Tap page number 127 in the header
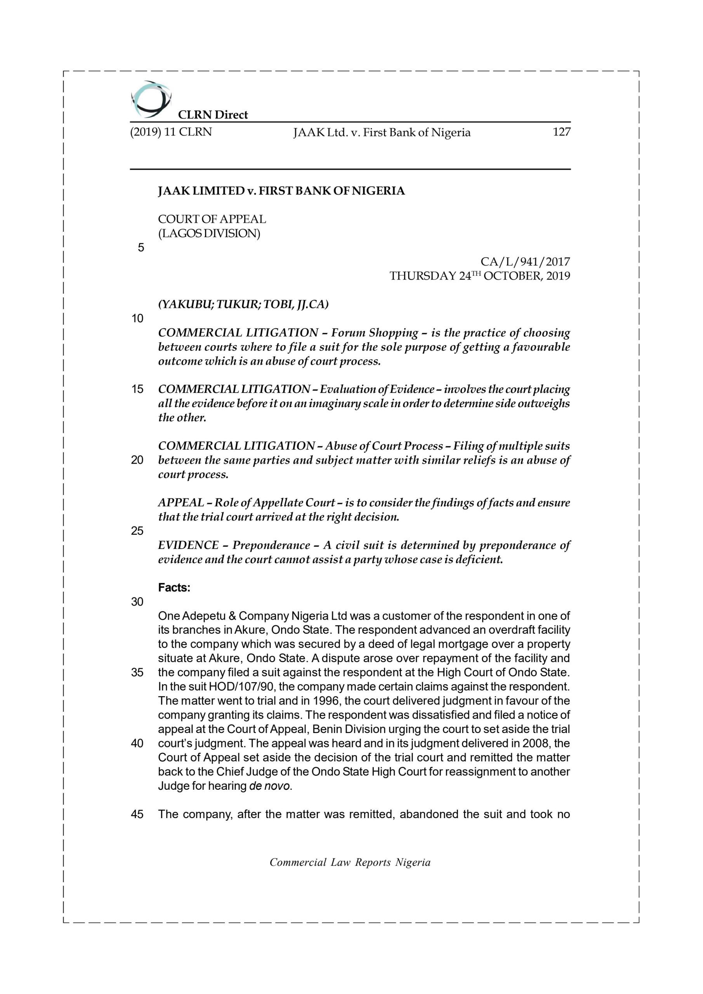coord(561,132)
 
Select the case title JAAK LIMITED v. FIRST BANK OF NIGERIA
coord(281,191)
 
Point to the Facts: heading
coord(174,587)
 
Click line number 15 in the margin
coord(137,389)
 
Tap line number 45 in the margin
coord(137,814)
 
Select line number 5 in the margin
coord(141,248)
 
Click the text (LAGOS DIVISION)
coord(209,233)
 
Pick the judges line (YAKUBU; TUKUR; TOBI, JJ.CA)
coord(243,304)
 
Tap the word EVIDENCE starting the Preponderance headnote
coord(188,545)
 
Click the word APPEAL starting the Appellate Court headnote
coord(181,502)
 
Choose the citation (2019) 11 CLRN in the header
coord(171,132)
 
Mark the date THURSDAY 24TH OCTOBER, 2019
coord(480,276)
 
